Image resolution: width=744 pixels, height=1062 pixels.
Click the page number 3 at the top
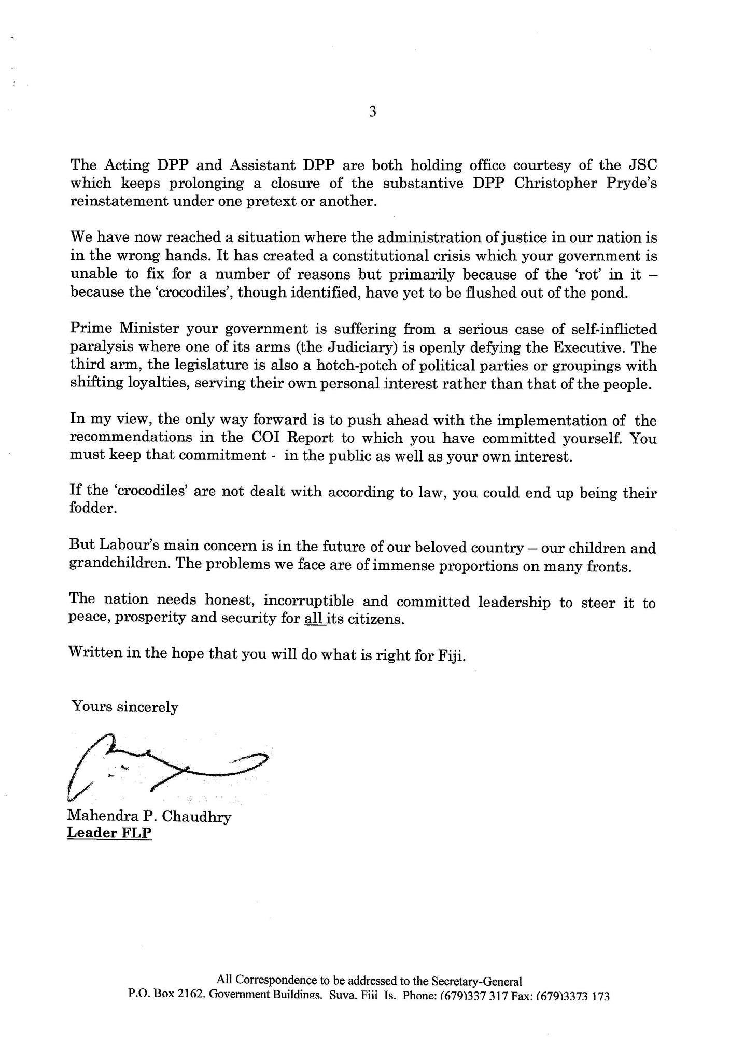pyautogui.click(x=372, y=111)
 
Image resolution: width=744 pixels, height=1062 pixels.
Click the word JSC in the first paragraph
pyautogui.click(x=642, y=165)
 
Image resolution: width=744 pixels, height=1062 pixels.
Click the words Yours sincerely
pyautogui.click(x=124, y=707)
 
